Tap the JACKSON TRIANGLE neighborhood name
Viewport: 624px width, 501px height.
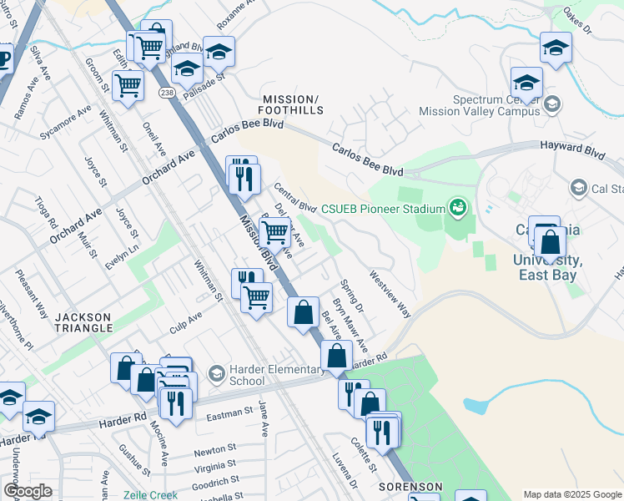(83, 322)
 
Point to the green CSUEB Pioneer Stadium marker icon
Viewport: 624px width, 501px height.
(456, 205)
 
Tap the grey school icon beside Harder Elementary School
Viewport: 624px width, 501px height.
(217, 372)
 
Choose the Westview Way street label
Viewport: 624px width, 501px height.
(390, 292)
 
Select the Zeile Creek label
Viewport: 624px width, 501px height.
(150, 494)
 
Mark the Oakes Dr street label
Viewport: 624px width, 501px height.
(576, 21)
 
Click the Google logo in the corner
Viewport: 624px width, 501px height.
(27, 491)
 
